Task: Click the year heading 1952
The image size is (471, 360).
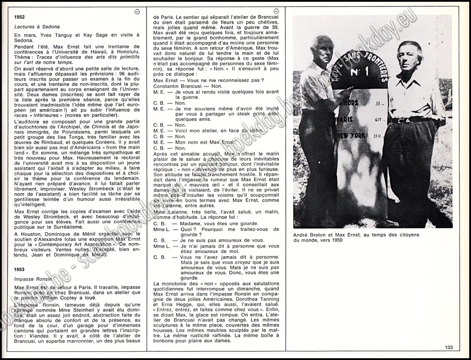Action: coord(20,17)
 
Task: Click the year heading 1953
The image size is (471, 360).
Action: coord(20,269)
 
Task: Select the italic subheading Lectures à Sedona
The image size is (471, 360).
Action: coord(37,27)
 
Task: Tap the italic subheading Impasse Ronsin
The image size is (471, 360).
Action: coord(32,279)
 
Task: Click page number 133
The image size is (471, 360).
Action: coord(449,347)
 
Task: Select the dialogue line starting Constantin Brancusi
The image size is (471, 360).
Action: coord(178,86)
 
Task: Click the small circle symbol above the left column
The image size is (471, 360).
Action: coord(137,12)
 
